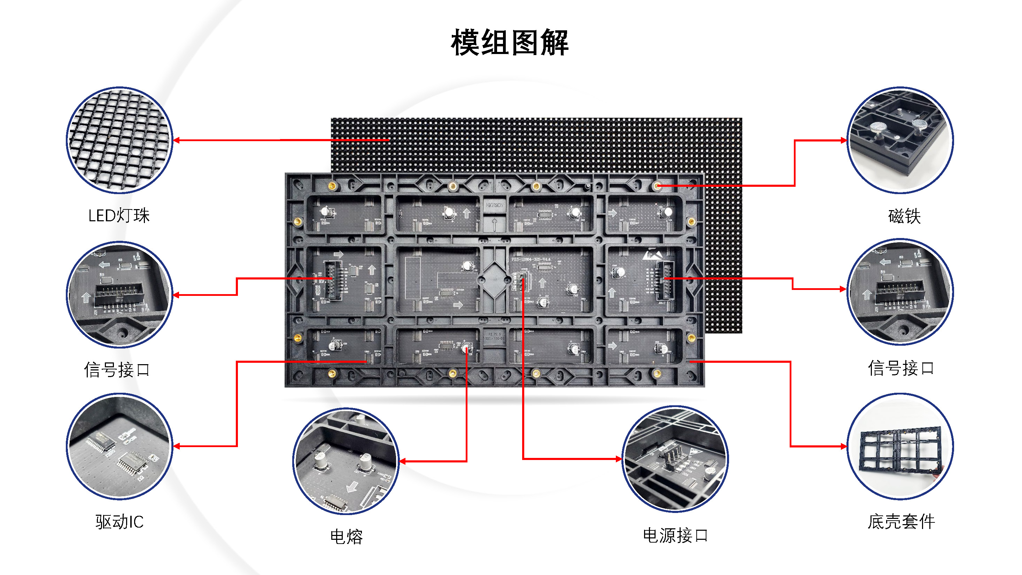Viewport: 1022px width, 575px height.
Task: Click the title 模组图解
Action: (510, 43)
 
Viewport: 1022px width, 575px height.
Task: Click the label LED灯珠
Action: (119, 216)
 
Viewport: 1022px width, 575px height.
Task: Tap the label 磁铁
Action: (904, 216)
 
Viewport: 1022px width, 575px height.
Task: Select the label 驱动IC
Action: (119, 522)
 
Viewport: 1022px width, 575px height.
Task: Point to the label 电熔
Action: (346, 537)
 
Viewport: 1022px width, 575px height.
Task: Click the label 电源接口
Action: (675, 535)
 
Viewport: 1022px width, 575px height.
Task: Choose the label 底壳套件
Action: (901, 521)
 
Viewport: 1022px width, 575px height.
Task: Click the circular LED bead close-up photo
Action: (119, 140)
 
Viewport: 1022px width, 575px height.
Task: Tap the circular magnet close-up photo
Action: (900, 140)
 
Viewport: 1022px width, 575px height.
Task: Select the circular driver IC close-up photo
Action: (119, 446)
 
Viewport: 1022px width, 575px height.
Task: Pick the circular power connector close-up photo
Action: (675, 459)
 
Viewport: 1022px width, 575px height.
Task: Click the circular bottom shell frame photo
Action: (900, 446)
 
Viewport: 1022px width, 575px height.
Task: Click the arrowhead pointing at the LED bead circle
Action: (177, 140)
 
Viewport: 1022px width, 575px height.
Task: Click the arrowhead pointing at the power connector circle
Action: (619, 459)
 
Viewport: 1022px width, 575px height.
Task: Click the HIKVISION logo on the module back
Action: (494, 205)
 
